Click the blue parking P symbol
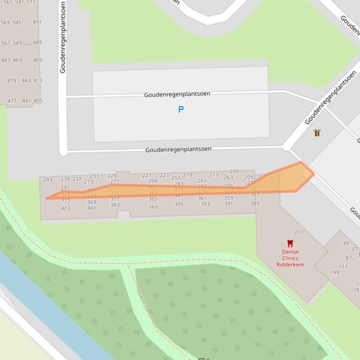click(181, 109)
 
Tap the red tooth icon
click(290, 244)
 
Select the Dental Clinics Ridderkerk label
click(290, 258)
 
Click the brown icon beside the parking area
click(317, 133)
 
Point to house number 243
click(48, 180)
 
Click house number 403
click(66, 209)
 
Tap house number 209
click(234, 172)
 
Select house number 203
click(299, 232)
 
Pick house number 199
click(334, 273)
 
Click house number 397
click(153, 208)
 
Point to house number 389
click(255, 203)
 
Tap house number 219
click(187, 175)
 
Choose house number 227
click(147, 175)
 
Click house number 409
click(37, 60)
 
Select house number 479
click(12, 80)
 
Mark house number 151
click(343, 266)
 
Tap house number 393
click(205, 204)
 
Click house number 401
click(92, 209)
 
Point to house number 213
click(213, 175)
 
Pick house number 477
click(12, 101)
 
